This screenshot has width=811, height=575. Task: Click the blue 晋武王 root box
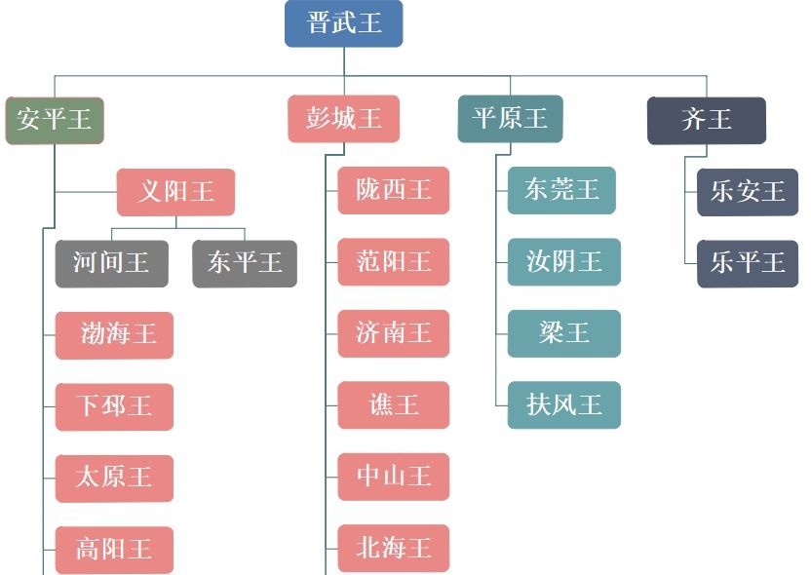[343, 23]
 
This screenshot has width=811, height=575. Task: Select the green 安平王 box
[55, 120]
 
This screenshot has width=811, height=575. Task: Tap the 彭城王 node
[344, 119]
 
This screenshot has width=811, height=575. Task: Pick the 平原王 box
[510, 119]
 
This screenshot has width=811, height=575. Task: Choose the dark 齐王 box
[707, 120]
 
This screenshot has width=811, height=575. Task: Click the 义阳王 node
[175, 191]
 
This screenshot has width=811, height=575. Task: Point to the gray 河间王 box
[111, 263]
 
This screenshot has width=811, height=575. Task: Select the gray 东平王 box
[245, 263]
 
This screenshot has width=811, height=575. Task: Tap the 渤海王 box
[114, 335]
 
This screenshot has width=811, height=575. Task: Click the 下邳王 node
[114, 406]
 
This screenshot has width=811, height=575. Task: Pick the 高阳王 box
[114, 550]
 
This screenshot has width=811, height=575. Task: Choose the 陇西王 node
[394, 190]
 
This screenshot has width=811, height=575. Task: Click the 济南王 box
[394, 333]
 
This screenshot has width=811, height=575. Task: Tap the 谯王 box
[394, 404]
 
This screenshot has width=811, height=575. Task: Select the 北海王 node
[394, 548]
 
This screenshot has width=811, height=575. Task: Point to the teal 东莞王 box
[563, 190]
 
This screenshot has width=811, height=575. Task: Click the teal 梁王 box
[563, 333]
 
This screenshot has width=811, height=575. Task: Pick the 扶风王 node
[563, 404]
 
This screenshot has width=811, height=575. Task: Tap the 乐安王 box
[748, 192]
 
